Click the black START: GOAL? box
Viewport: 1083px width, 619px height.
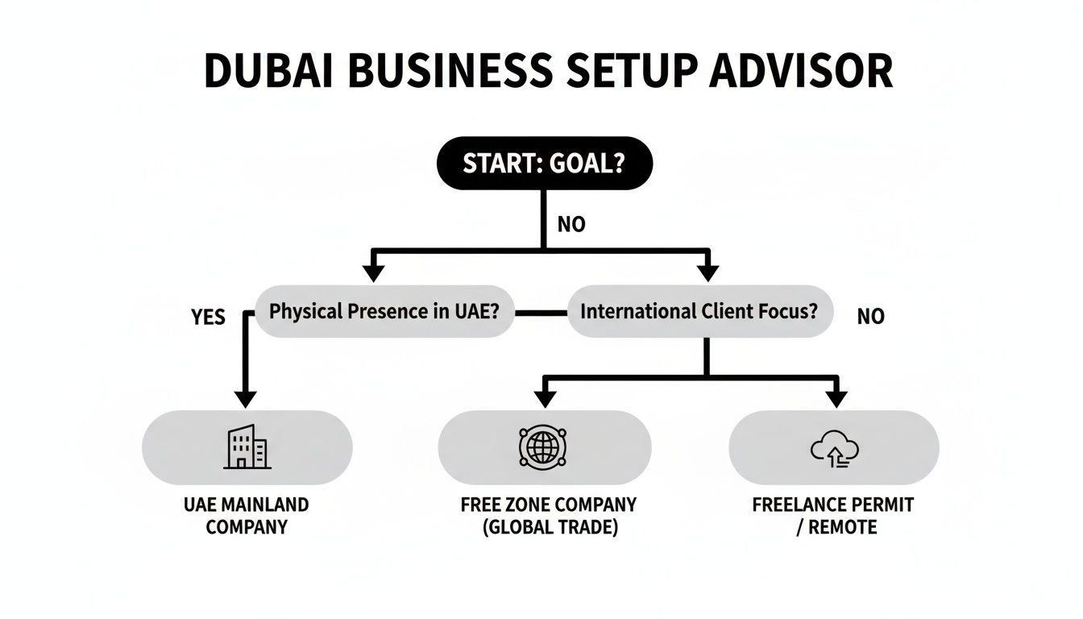click(x=543, y=163)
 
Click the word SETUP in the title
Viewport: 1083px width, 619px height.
click(x=623, y=71)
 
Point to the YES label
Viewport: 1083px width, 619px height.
click(x=209, y=318)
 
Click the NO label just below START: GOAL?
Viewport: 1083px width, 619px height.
click(x=571, y=225)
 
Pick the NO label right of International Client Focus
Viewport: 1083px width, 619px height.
click(x=870, y=318)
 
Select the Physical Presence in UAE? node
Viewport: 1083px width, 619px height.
click(x=384, y=311)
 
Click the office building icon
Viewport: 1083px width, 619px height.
click(x=247, y=447)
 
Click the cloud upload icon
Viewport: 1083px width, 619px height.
click(x=834, y=449)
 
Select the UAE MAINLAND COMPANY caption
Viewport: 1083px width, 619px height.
click(x=247, y=516)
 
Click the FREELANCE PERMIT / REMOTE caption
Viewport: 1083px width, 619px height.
click(x=833, y=516)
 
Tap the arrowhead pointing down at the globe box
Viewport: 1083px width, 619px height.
click(x=545, y=398)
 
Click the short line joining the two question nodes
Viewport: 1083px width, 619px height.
click(x=541, y=311)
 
